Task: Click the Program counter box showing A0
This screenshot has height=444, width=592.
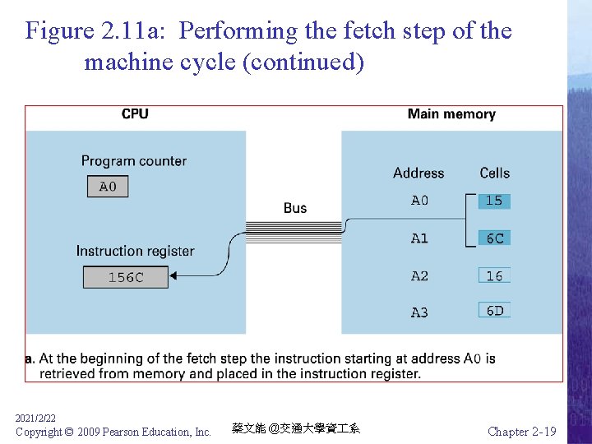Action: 108,187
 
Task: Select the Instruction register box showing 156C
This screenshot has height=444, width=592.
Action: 125,278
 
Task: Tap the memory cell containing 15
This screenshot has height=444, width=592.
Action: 494,201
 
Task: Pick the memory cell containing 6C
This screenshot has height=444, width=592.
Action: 494,238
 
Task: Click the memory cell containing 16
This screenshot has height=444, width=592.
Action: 494,276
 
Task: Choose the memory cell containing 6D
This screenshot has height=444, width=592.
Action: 494,311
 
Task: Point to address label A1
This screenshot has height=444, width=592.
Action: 419,238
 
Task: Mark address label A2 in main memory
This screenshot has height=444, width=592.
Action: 419,276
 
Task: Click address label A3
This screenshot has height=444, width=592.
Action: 419,312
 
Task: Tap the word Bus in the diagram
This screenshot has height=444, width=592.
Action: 295,208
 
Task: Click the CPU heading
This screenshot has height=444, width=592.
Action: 135,114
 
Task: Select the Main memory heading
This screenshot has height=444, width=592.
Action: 451,114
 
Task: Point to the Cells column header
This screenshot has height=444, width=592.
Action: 495,173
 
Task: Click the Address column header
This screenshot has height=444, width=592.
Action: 419,173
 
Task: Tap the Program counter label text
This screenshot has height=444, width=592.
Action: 134,161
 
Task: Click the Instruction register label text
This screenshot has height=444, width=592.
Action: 136,251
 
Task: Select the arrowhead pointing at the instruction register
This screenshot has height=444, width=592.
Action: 198,275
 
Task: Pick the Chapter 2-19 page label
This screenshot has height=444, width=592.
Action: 521,432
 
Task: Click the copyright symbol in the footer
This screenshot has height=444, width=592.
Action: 68,432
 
